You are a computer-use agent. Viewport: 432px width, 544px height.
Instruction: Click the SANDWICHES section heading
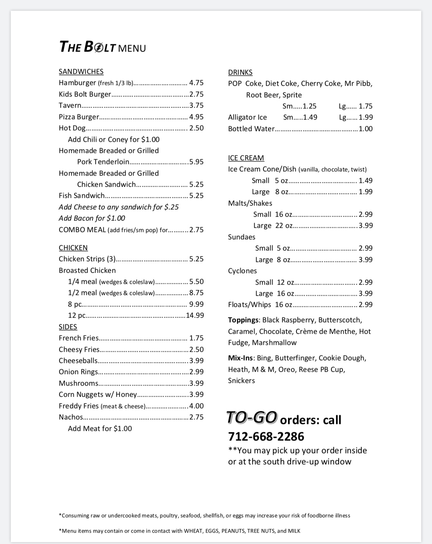pos(81,72)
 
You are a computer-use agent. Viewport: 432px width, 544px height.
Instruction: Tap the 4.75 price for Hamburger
pos(196,83)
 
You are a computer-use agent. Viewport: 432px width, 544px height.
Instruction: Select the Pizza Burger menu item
pos(79,117)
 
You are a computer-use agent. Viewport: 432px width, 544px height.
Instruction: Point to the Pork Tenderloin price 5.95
pos(196,162)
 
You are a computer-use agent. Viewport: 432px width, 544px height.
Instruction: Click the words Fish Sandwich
pos(81,196)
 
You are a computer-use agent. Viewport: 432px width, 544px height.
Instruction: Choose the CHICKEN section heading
pos(73,248)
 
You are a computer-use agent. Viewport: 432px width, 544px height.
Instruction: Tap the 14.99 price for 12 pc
pos(195,316)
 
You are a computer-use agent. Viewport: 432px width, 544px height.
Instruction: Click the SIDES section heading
pos(68,327)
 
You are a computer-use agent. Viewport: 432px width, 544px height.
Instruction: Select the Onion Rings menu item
pos(78,372)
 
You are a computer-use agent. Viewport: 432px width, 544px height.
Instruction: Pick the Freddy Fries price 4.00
pos(196,406)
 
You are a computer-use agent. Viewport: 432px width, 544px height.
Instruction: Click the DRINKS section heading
pos(240,73)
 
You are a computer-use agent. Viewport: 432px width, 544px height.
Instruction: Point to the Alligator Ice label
pos(247,117)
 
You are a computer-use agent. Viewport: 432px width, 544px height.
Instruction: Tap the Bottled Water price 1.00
pos(366,129)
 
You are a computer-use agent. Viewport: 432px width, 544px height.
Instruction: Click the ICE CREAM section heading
pos(246,158)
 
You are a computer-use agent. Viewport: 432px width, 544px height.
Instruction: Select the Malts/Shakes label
pos(250,203)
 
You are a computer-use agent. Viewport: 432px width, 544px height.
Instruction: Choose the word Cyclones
pos(242,271)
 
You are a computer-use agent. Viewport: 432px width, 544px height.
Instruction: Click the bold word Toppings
pos(243,320)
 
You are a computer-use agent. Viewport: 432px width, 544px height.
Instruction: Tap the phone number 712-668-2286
pos(266,437)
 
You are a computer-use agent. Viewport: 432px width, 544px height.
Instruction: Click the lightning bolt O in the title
pos(99,47)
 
